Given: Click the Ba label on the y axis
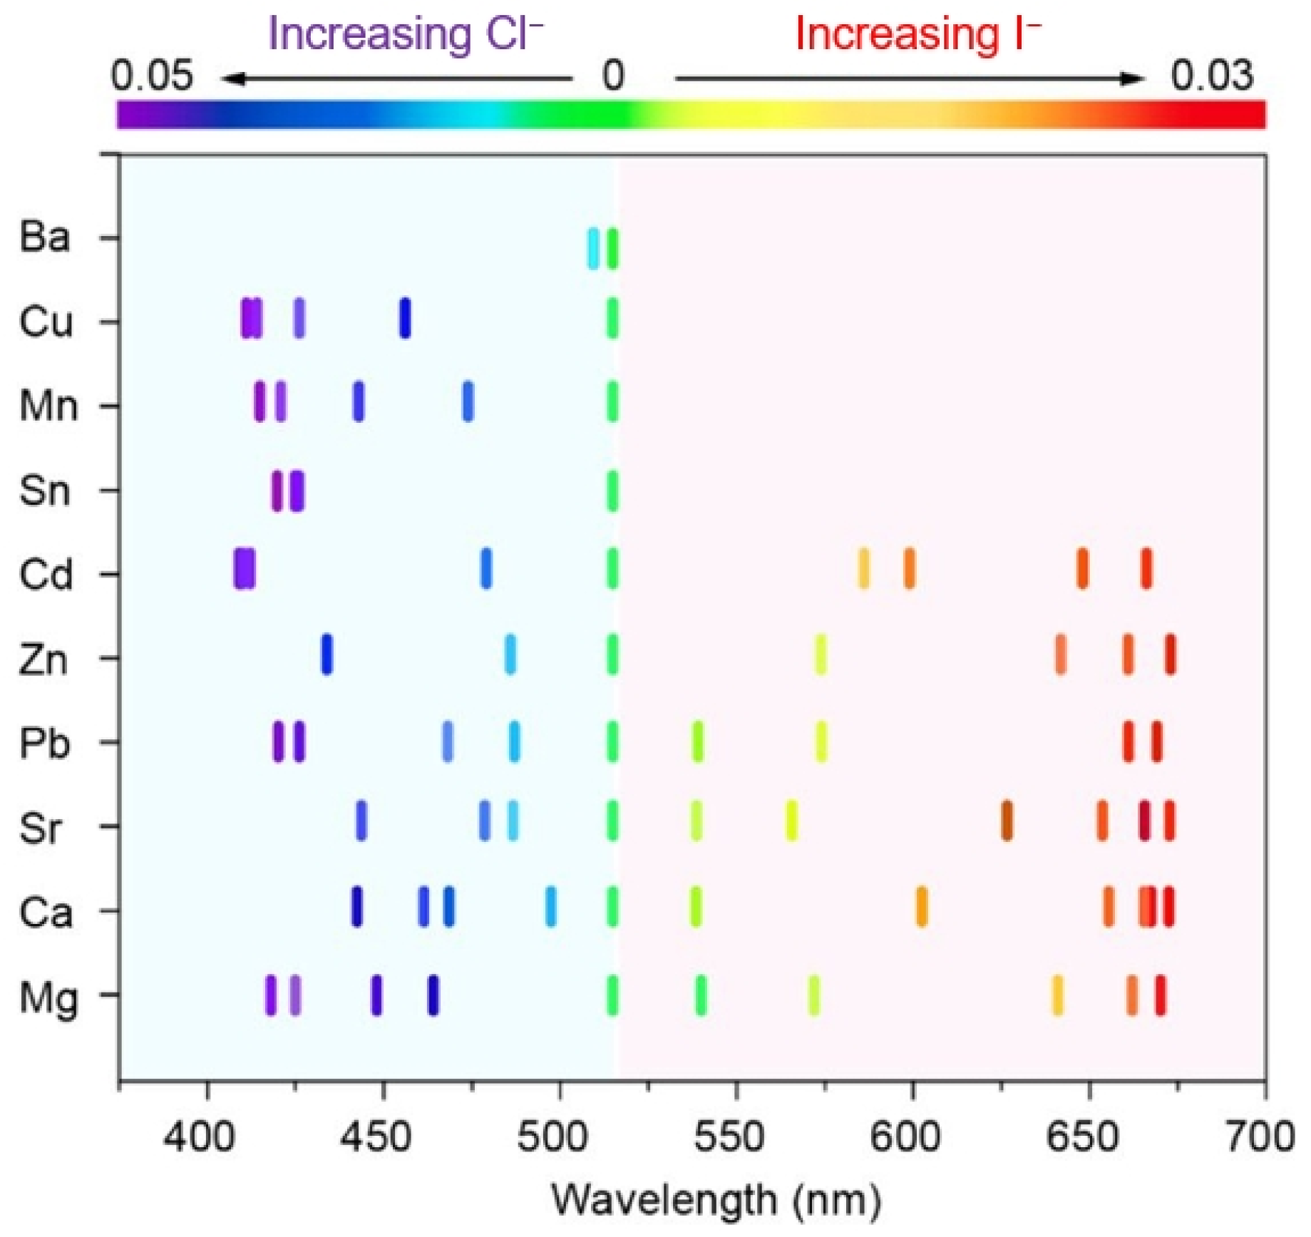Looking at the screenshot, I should pos(44,237).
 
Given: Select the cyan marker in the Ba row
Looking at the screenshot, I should pos(592,248).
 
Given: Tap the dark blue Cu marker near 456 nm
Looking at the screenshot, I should pos(404,317).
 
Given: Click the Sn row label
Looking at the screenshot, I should pos(44,491).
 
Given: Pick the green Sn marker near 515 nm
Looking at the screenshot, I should pos(612,491).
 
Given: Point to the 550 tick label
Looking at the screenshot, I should pos(729,1136).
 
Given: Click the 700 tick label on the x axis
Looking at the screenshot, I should pos(1259,1136).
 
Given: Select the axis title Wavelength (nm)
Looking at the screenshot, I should pos(716,1199).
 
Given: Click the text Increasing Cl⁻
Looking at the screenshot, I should pos(405,34).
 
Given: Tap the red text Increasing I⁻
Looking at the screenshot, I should pos(917,34).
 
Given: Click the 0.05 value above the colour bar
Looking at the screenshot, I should pos(151,75).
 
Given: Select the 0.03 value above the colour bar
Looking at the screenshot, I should pos(1211,75).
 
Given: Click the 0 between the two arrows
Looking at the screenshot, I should pos(613,75).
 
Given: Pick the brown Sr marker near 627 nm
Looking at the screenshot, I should pos(1006,820).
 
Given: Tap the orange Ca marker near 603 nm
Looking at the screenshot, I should pos(921,906).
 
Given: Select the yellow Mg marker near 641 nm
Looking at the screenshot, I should pos(1056,995).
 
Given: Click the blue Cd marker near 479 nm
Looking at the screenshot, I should pos(485,568).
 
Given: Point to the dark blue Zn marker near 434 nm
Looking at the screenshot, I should pos(326,654).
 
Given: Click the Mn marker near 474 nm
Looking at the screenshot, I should pos(467,401).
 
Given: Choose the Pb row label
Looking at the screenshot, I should pos(44,743).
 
